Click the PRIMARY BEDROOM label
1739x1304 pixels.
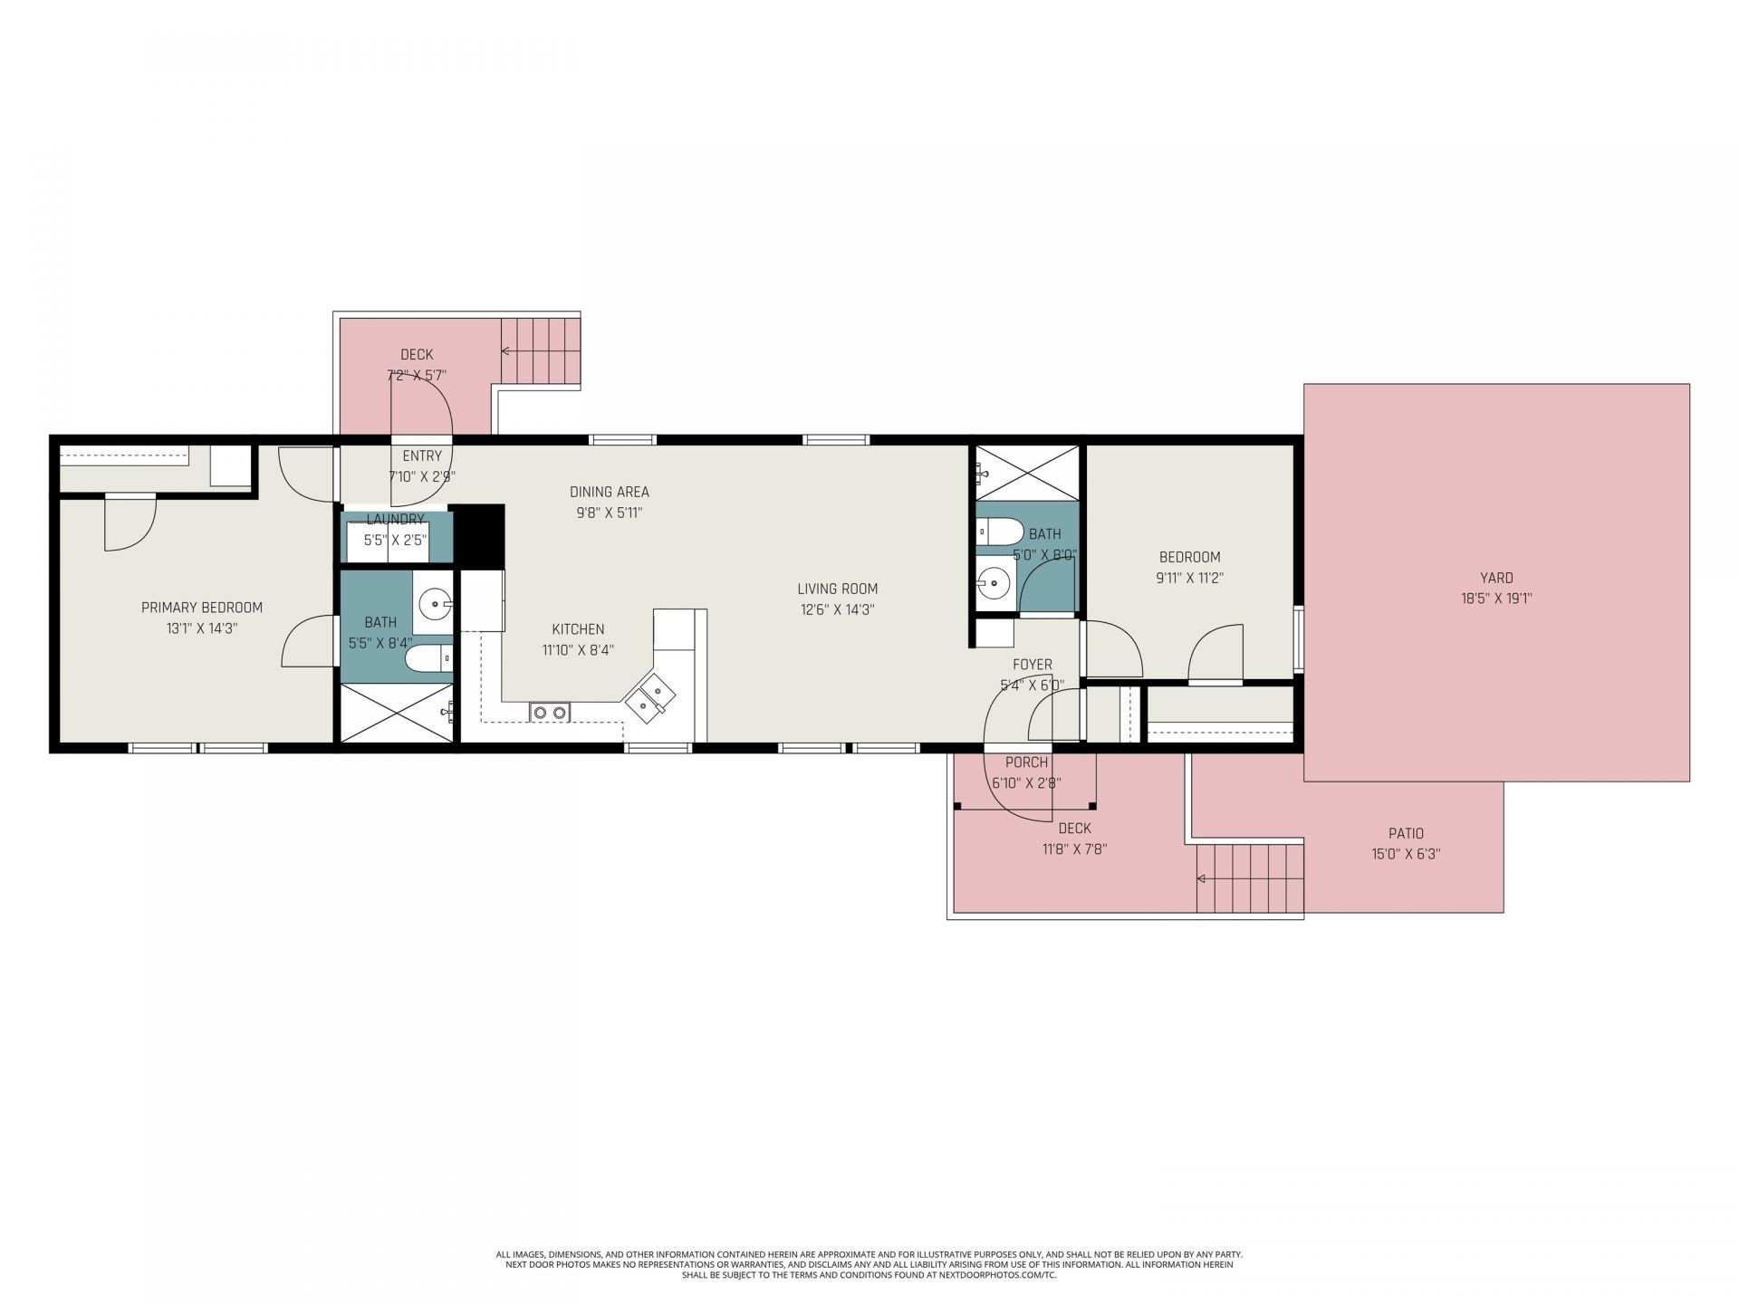pyautogui.click(x=202, y=608)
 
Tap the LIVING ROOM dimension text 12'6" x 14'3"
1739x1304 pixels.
pyautogui.click(x=837, y=610)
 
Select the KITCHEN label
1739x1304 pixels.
pyautogui.click(x=578, y=629)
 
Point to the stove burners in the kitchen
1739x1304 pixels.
pyautogui.click(x=549, y=713)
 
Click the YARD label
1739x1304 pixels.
pyautogui.click(x=1496, y=578)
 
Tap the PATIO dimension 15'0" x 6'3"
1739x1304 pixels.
pyautogui.click(x=1406, y=853)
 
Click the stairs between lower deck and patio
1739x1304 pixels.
pyautogui.click(x=1249, y=877)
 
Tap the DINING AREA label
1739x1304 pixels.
pyautogui.click(x=609, y=493)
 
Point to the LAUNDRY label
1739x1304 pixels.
pyautogui.click(x=395, y=520)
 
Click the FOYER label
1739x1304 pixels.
pyautogui.click(x=1032, y=665)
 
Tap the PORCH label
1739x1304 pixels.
pyautogui.click(x=1026, y=762)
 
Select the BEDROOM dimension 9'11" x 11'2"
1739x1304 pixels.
pyautogui.click(x=1189, y=578)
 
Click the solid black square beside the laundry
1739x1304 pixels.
pyautogui.click(x=478, y=536)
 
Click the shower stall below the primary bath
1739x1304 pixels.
pyautogui.click(x=396, y=714)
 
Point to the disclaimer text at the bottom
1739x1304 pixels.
pyautogui.click(x=869, y=1264)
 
